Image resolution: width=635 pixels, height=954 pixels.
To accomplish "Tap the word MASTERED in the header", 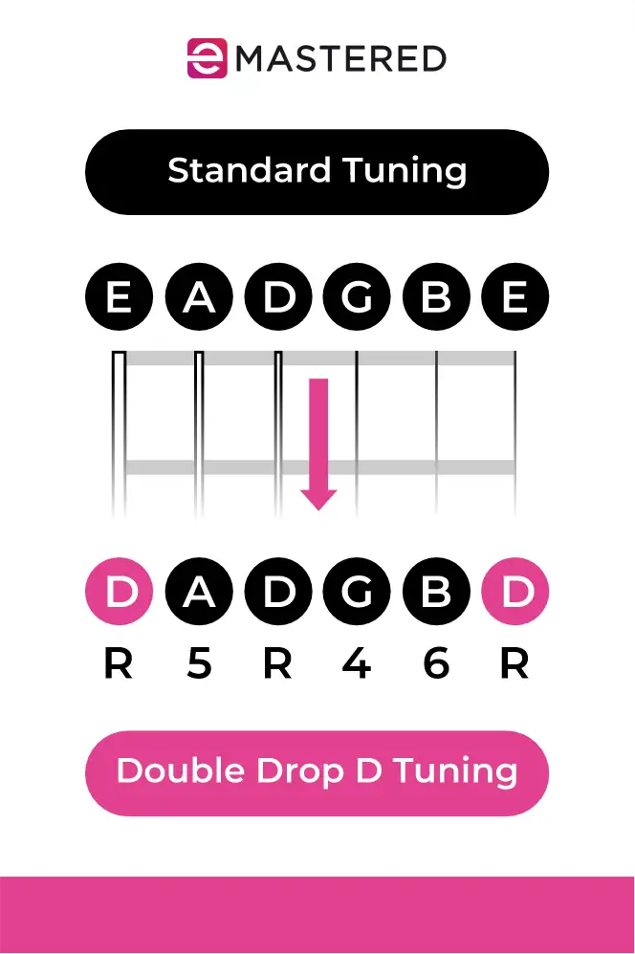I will [339, 58].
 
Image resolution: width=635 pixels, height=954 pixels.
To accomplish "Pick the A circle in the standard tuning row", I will [198, 299].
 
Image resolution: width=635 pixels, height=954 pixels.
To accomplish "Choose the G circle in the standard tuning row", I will [357, 299].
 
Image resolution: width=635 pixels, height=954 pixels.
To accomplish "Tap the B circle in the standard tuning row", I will [436, 299].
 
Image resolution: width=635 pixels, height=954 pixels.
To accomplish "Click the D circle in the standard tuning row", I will [277, 299].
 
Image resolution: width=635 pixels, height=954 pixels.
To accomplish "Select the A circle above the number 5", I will [198, 593].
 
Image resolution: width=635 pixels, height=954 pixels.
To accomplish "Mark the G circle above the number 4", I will [357, 593].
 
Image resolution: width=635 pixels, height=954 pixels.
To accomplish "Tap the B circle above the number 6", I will [436, 593].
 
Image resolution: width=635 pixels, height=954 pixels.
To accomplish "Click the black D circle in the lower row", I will [277, 593].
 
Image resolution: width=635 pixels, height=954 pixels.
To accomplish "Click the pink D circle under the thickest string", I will [119, 593].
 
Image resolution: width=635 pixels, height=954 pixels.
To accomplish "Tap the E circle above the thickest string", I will [119, 299].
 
